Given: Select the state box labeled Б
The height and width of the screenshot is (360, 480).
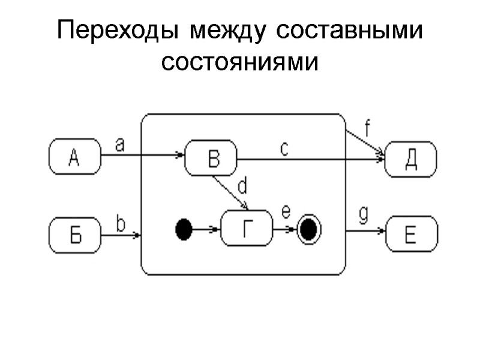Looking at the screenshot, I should [74, 235].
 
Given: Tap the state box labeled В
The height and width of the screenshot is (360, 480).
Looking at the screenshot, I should [211, 159].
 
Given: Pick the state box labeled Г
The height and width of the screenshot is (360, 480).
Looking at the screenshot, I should [247, 229].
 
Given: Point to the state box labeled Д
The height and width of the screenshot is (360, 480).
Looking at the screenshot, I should [411, 159].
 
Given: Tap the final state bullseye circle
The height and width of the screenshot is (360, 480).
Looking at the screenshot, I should [309, 229].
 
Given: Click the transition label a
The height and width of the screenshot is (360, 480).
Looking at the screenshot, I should [119, 145].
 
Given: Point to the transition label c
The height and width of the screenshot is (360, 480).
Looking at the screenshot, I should [284, 148].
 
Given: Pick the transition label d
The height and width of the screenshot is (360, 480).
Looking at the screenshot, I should [242, 187].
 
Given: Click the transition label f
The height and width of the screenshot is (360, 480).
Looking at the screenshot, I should [367, 127].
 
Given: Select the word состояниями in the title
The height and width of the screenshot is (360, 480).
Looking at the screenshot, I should [239, 62].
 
